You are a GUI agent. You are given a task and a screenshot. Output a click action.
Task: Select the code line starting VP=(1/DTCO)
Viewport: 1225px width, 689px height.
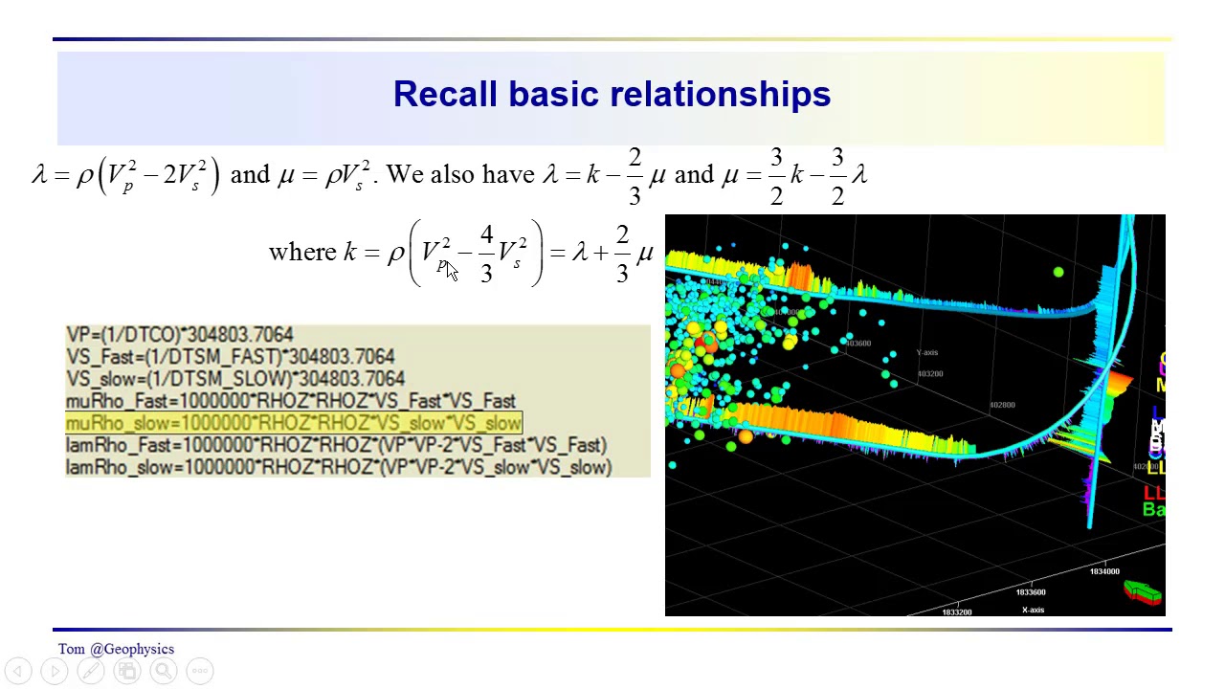(179, 335)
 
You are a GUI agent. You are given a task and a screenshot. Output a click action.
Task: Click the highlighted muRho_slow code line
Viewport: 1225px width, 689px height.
(293, 423)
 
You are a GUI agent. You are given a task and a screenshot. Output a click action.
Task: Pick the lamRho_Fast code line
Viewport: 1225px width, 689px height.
(335, 445)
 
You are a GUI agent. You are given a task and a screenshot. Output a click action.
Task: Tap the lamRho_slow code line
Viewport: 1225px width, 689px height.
(338, 467)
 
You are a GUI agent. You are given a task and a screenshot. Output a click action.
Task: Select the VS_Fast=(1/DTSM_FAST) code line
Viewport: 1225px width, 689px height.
(230, 357)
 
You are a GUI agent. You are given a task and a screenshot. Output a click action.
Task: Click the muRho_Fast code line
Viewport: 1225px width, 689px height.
(290, 401)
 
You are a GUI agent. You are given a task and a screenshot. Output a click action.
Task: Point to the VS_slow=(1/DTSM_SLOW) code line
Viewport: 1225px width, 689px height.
(234, 379)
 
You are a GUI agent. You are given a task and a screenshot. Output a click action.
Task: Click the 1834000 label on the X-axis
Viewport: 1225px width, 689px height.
(1103, 571)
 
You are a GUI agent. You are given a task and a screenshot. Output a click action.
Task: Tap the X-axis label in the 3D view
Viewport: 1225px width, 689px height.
(1033, 610)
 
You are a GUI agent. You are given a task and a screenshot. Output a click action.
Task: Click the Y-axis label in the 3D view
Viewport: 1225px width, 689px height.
(925, 353)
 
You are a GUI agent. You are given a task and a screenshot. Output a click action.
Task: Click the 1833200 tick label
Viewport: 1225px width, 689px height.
(957, 611)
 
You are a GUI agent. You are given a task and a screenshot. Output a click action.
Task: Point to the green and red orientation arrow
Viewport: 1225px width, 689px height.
(1143, 592)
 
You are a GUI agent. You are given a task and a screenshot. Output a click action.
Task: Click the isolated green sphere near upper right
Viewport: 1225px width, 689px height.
(1058, 273)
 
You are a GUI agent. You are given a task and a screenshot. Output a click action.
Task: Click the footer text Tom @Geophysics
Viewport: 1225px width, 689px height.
(116, 649)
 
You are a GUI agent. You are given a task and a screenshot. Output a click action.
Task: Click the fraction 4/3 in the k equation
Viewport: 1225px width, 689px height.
(486, 254)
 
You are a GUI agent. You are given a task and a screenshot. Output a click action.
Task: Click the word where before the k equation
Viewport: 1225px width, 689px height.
(302, 253)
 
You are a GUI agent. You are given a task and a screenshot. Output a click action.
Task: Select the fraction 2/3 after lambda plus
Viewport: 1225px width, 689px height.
(622, 254)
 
